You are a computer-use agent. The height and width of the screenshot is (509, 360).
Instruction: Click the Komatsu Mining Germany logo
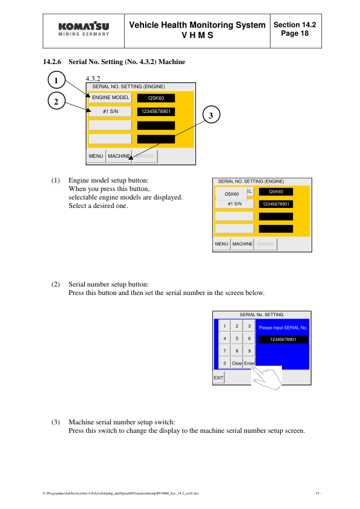click(x=84, y=30)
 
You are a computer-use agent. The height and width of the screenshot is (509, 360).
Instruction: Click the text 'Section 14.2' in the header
click(x=295, y=25)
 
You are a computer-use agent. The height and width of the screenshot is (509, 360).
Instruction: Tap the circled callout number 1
click(x=56, y=80)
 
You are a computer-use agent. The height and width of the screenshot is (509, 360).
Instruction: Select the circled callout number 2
click(x=56, y=102)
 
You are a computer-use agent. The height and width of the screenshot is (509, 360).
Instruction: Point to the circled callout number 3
click(x=210, y=115)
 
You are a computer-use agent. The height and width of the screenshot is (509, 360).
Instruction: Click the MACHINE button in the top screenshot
click(x=119, y=156)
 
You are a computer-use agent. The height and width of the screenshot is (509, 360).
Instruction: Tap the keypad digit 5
click(x=237, y=339)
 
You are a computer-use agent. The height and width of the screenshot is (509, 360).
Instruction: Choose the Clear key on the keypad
click(x=237, y=363)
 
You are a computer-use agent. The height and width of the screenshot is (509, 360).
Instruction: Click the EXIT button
click(x=218, y=378)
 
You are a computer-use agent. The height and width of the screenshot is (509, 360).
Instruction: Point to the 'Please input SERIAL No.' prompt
click(x=283, y=328)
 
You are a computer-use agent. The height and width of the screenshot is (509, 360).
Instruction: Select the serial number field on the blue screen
click(x=283, y=340)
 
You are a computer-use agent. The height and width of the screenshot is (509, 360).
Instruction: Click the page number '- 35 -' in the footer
click(x=317, y=494)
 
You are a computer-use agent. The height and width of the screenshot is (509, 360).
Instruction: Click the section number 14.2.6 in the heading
click(x=53, y=62)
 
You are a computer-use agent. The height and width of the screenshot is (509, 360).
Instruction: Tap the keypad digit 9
click(x=249, y=351)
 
